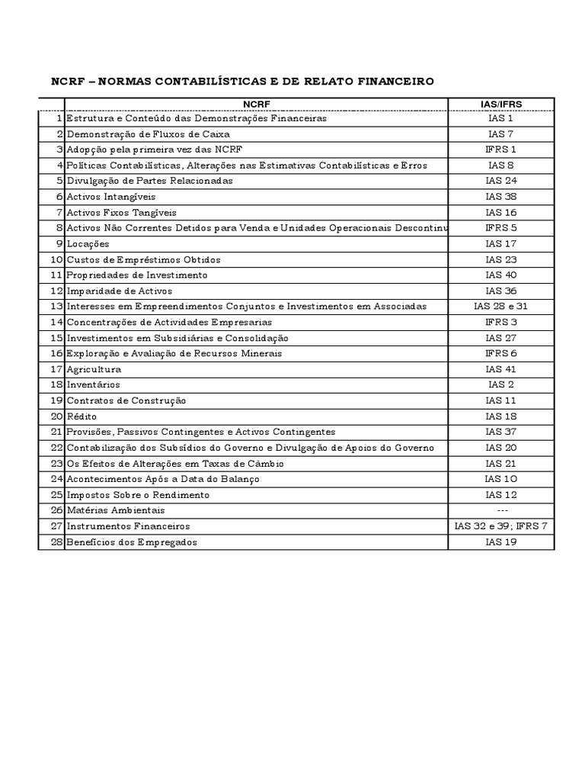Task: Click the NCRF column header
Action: click(256, 104)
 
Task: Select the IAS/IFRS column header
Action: click(500, 104)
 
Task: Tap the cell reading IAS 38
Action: click(500, 197)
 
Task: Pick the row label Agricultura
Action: click(94, 369)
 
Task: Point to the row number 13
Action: click(56, 307)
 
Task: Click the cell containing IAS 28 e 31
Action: click(500, 307)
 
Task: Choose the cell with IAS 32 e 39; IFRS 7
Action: click(500, 526)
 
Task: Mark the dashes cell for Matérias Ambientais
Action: click(500, 510)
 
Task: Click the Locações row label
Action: click(88, 244)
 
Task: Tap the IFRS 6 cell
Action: click(500, 354)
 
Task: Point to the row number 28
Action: click(56, 542)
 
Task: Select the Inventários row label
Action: click(93, 385)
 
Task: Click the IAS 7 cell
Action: click(500, 134)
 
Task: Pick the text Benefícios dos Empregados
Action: click(132, 542)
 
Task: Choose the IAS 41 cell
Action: click(500, 369)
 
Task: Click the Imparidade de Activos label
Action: click(120, 291)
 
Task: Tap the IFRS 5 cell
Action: click(500, 228)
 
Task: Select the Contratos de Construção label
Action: click(126, 401)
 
